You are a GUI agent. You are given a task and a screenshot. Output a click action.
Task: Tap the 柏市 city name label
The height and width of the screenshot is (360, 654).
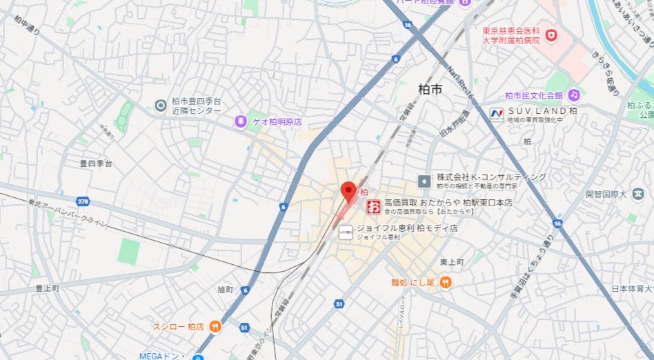[430, 89]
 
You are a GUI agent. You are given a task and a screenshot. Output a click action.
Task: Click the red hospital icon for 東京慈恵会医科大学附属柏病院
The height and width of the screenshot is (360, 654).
[551, 34]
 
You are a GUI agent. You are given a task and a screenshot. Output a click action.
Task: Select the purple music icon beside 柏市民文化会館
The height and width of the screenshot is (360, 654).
[573, 94]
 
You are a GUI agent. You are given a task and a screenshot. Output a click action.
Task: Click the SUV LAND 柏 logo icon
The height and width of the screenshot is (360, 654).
[497, 113]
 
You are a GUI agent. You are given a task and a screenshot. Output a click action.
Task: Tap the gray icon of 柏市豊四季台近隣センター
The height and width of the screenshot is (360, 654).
[161, 105]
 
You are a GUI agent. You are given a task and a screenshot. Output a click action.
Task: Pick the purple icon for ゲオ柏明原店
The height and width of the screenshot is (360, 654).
[240, 121]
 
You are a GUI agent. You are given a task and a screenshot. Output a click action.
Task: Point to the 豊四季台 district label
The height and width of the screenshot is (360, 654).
[96, 164]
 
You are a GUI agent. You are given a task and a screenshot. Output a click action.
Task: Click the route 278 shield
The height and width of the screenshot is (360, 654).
[83, 201]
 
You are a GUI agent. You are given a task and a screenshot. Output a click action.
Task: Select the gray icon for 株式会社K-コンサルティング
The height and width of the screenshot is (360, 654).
[424, 181]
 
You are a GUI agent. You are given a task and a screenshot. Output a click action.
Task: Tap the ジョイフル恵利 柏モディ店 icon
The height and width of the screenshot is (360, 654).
[346, 232]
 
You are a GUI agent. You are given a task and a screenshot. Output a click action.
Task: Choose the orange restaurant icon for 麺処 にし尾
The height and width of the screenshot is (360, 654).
[445, 281]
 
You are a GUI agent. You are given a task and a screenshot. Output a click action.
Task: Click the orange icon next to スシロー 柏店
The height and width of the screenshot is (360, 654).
[215, 326]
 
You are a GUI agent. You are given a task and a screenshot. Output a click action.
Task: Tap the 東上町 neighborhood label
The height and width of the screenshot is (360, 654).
[452, 262]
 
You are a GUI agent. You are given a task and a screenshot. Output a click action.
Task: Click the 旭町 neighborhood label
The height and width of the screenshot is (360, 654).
[226, 289]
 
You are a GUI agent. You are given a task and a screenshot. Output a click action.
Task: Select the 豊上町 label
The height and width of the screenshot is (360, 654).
[48, 288]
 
